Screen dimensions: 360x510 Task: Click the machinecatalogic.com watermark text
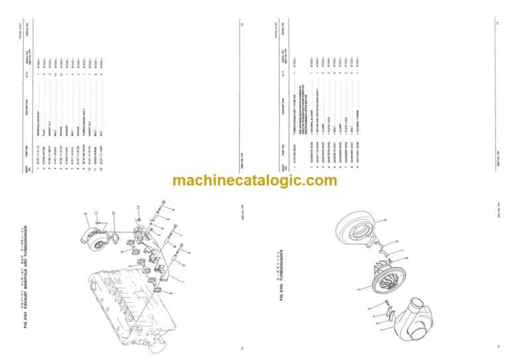[x=255, y=181]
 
